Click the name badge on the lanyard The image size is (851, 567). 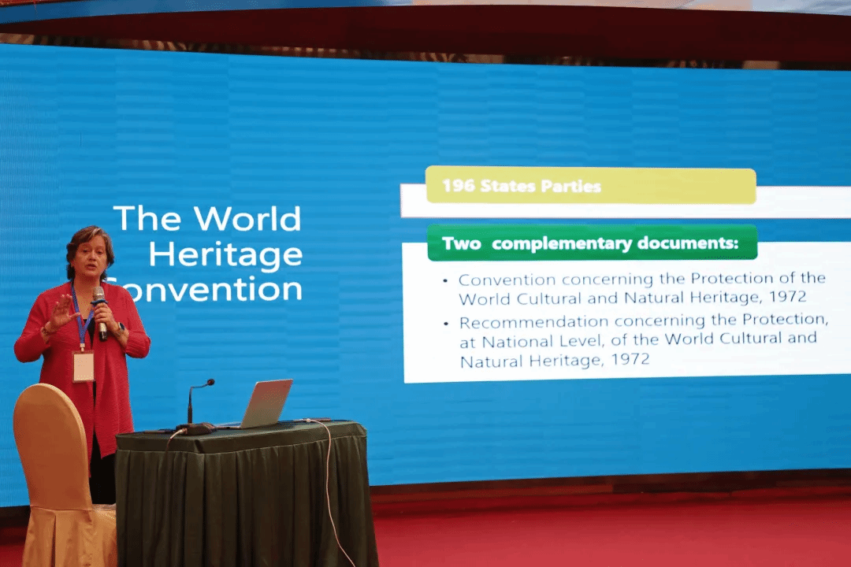(83, 366)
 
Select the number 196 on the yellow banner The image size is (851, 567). (459, 186)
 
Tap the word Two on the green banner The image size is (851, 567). (461, 243)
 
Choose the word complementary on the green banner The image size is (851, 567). (562, 244)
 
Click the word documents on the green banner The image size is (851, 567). (688, 243)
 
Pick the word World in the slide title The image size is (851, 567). (247, 219)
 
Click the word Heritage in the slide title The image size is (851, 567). (225, 254)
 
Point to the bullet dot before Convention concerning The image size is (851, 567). (445, 281)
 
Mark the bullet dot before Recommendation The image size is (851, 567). (446, 324)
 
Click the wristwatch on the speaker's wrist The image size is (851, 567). (120, 329)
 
